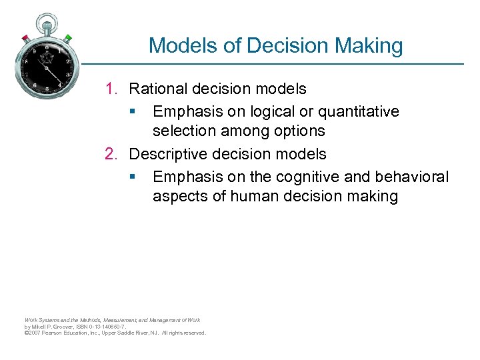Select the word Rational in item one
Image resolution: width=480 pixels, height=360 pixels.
pos(156,89)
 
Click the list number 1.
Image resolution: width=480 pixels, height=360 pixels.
pos(111,89)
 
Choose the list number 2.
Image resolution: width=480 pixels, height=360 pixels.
pos(111,154)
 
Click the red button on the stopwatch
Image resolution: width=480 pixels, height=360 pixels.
pos(25,37)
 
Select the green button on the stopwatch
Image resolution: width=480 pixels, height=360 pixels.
pos(68,37)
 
